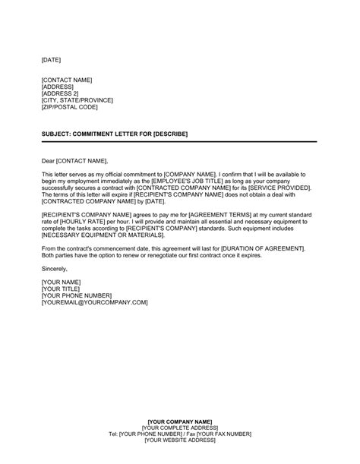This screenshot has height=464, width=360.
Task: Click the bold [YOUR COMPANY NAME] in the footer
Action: pos(180,421)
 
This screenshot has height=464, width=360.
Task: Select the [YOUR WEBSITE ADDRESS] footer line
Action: pos(180,440)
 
